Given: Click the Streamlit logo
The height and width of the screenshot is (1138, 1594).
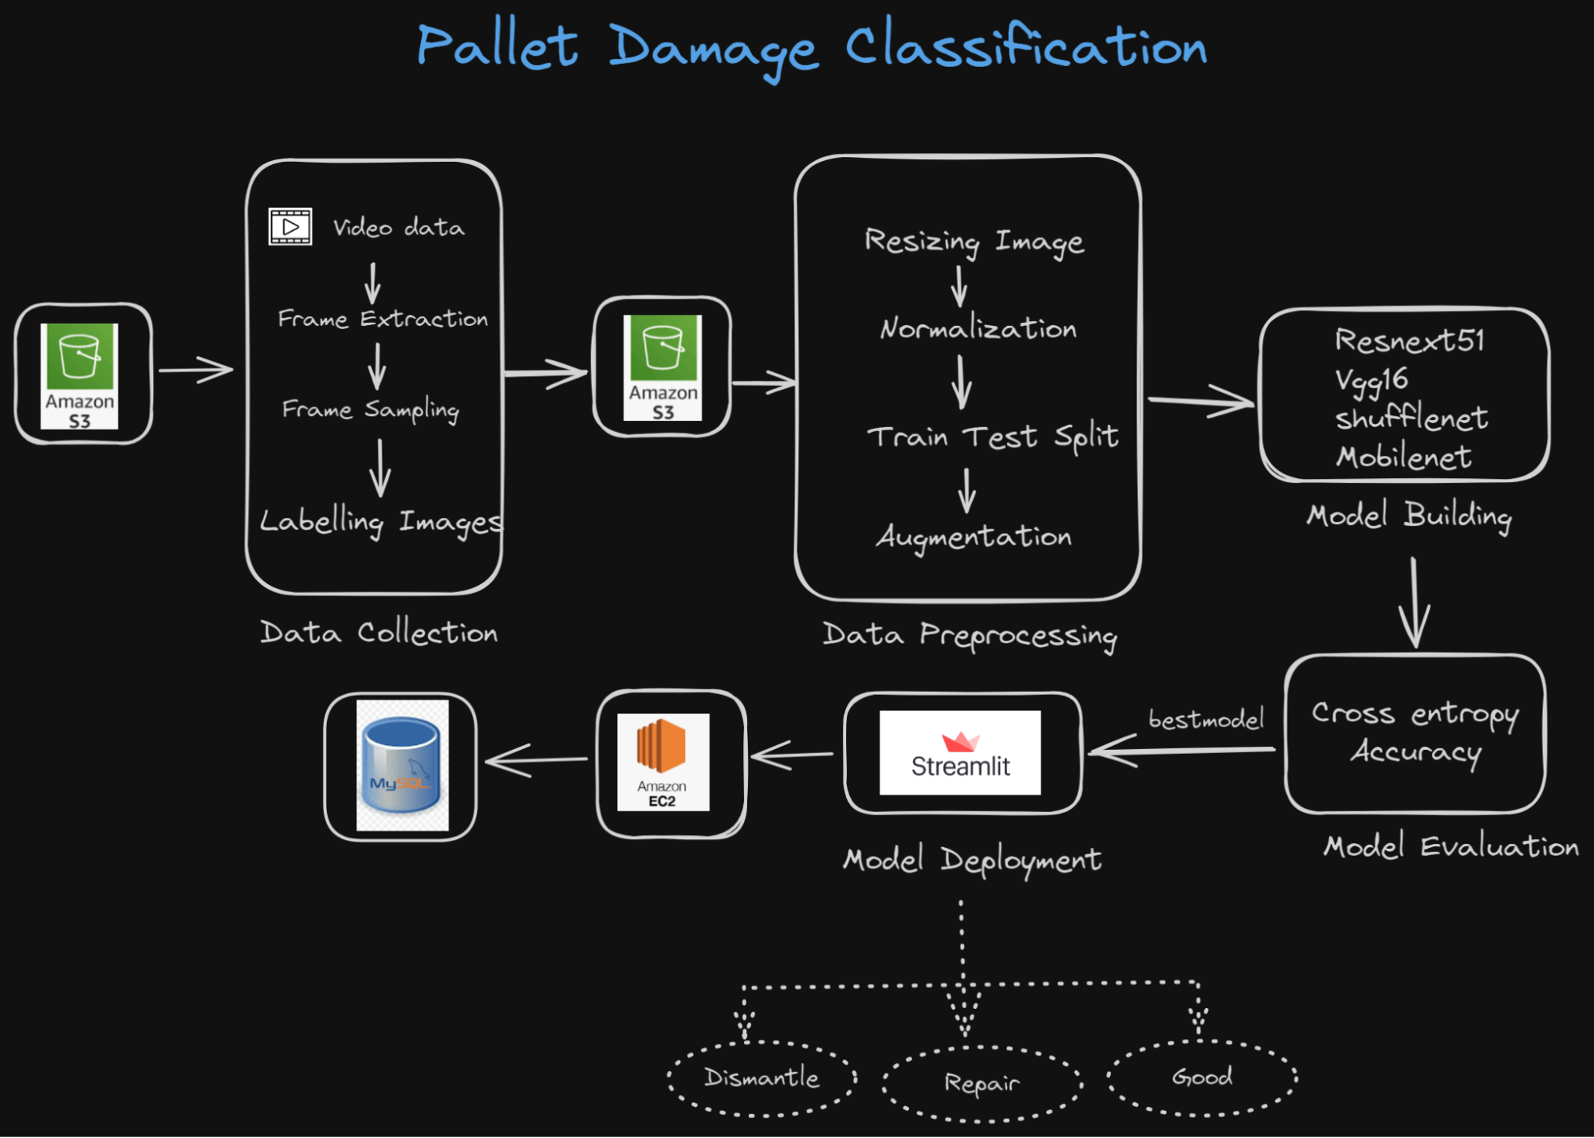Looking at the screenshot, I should coord(960,752).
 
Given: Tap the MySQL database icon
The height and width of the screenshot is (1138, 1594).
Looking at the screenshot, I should coord(402,765).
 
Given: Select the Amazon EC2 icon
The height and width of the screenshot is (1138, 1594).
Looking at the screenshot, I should coord(663,762).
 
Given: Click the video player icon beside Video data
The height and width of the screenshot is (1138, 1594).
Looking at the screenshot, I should coord(290,227).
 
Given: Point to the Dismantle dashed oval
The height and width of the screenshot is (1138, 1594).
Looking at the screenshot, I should coord(762,1077).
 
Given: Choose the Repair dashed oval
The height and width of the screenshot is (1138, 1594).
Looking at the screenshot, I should coord(982,1083).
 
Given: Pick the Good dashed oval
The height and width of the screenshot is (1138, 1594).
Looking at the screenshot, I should coord(1202,1077).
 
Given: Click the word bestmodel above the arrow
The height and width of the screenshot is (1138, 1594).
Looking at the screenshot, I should coord(1206,720).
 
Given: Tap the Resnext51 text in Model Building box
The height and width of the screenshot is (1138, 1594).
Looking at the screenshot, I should coord(1410,341).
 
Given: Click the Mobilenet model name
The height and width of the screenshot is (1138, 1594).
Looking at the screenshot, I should coord(1403,457).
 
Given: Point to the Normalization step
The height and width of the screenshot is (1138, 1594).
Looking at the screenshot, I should coord(978,328).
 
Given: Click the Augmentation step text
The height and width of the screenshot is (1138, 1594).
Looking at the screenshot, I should coord(974,537).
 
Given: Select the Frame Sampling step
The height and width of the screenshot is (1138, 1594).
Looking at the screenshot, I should coord(371,410).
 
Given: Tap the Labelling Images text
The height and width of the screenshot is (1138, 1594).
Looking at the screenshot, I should coord(381,521).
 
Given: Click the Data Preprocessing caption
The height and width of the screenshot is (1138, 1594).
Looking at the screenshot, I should coord(970,635).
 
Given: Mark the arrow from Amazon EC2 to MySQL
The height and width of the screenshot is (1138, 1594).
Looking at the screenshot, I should coord(536,760).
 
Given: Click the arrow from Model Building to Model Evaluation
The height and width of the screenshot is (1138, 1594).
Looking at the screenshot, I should coord(1414,602).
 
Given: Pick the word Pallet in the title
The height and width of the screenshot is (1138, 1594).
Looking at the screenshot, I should coord(497,45).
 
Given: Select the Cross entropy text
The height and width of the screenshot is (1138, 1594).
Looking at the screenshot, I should coord(1415,713).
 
